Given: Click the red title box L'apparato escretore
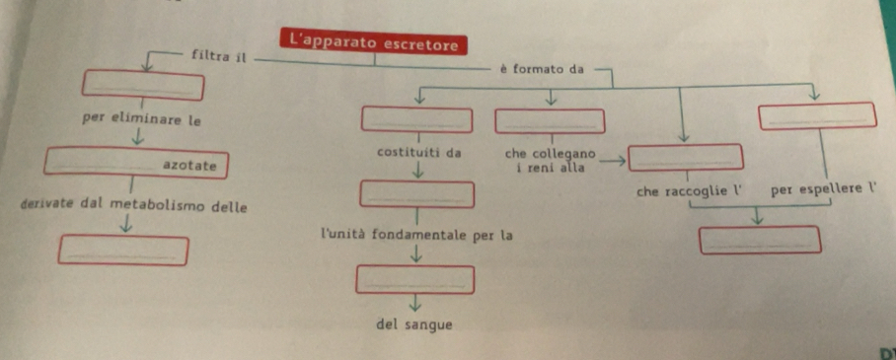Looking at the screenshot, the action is click(374, 41).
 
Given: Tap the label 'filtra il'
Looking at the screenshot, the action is click(219, 57).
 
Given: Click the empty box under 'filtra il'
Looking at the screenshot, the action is click(143, 85).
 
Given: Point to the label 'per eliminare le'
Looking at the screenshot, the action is click(142, 120).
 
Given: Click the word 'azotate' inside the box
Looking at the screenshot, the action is click(189, 166).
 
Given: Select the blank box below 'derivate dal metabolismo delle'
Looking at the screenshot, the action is click(123, 251).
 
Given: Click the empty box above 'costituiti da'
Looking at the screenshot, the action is click(417, 119).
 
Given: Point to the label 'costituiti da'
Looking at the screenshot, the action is click(419, 153).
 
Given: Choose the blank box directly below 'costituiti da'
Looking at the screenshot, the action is click(417, 194).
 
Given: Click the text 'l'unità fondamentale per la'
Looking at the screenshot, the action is click(416, 234).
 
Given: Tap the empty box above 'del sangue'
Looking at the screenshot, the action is click(414, 279).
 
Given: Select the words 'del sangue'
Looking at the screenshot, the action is click(414, 325).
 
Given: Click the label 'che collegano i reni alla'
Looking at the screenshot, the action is click(551, 161).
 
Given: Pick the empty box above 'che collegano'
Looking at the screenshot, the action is click(550, 121).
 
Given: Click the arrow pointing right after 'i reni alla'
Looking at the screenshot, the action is click(613, 162).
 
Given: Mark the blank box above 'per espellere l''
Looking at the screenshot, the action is click(817, 115).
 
